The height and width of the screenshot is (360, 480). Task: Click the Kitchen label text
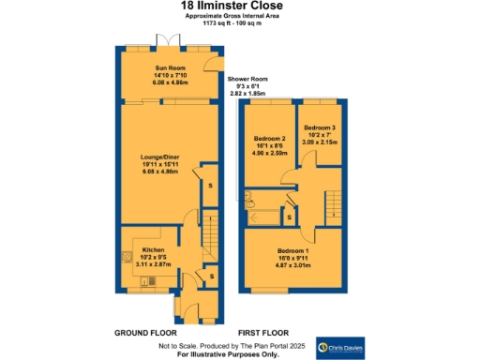point(154,250)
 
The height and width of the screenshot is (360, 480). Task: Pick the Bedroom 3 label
point(318,127)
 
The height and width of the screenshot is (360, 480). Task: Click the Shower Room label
point(247,80)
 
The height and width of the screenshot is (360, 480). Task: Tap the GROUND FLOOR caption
point(145,333)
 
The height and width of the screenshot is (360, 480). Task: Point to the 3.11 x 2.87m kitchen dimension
point(154,265)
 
